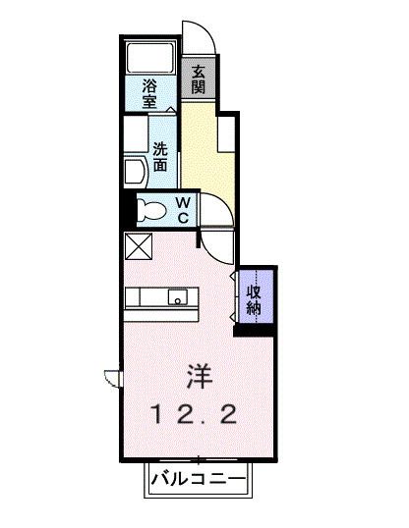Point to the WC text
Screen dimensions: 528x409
point(183,209)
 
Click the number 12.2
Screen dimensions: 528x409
point(193,414)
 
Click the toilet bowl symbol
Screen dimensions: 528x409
point(151,209)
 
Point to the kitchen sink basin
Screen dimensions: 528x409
point(178,297)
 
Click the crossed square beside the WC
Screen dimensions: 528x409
point(137,245)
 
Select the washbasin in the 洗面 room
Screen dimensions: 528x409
point(135,173)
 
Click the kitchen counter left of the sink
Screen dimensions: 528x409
point(147,296)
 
